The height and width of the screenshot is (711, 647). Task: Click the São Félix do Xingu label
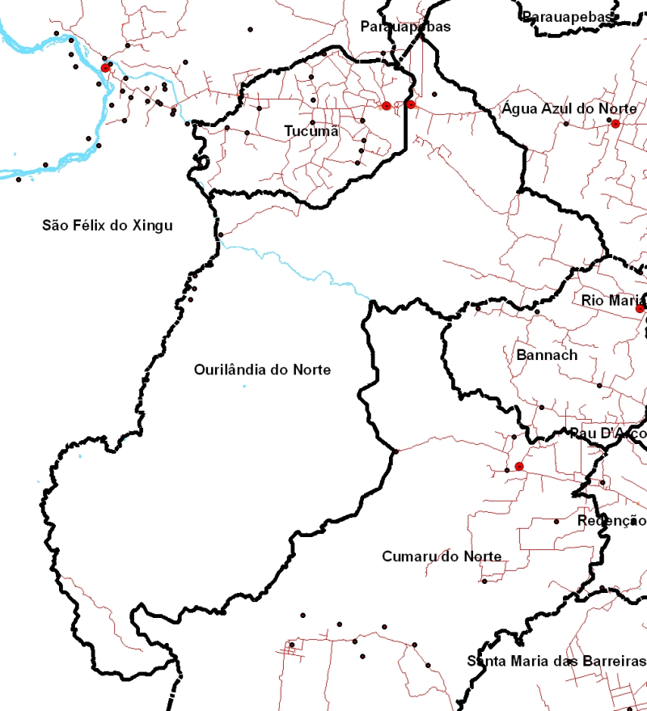pyautogui.click(x=108, y=225)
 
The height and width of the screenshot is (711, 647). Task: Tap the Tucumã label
pyautogui.click(x=311, y=130)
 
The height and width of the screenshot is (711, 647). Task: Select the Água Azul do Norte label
pyautogui.click(x=569, y=108)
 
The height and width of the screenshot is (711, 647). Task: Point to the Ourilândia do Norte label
pyautogui.click(x=262, y=370)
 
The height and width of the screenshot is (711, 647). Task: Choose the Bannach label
pyautogui.click(x=547, y=354)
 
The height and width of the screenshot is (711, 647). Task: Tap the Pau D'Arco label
pyautogui.click(x=607, y=434)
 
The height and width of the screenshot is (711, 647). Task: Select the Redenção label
pyautogui.click(x=611, y=520)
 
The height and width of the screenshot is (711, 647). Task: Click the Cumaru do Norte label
pyautogui.click(x=442, y=557)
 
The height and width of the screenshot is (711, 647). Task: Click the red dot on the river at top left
pyautogui.click(x=105, y=68)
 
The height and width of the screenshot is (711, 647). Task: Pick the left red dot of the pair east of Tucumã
pyautogui.click(x=387, y=106)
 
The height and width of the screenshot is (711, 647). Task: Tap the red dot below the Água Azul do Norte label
pyautogui.click(x=615, y=123)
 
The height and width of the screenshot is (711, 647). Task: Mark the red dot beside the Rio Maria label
pyautogui.click(x=640, y=309)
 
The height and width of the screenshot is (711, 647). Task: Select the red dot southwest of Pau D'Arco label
pyautogui.click(x=518, y=466)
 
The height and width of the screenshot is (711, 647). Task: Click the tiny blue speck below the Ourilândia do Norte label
pyautogui.click(x=244, y=387)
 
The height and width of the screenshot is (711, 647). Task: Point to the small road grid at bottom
pyautogui.click(x=290, y=646)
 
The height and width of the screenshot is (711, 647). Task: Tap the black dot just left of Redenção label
pyautogui.click(x=556, y=522)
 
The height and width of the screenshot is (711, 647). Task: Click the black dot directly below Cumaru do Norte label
pyautogui.click(x=484, y=581)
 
